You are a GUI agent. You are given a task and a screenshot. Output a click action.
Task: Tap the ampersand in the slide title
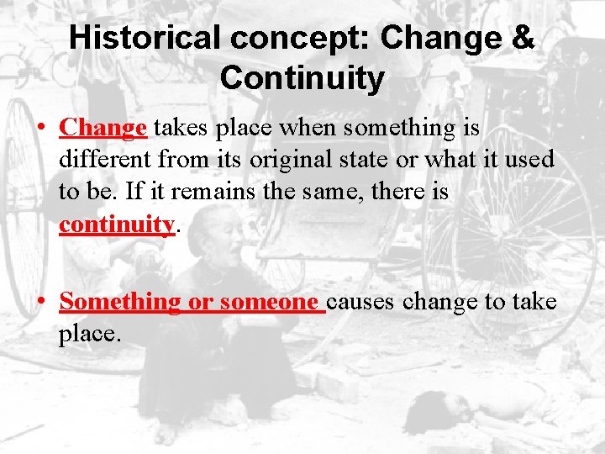521,39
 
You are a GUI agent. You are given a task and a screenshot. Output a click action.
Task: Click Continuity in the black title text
302,78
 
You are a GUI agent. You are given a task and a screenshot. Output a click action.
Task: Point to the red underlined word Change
103,128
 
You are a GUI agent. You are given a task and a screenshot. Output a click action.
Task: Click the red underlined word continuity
116,224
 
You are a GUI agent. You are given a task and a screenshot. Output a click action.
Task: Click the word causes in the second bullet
362,301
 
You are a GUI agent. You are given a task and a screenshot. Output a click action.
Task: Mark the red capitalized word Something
119,301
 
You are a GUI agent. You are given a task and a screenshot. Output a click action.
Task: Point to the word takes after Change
181,128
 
